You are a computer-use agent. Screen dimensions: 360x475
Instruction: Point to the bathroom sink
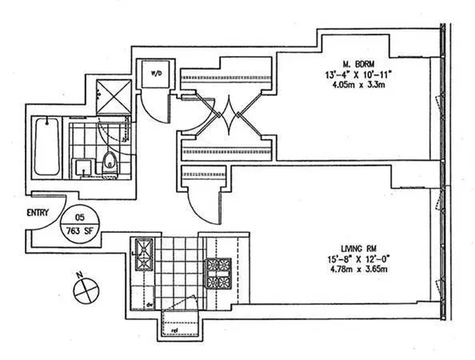tap(82, 166)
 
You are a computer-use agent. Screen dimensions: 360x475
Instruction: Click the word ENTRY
tap(38, 213)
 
